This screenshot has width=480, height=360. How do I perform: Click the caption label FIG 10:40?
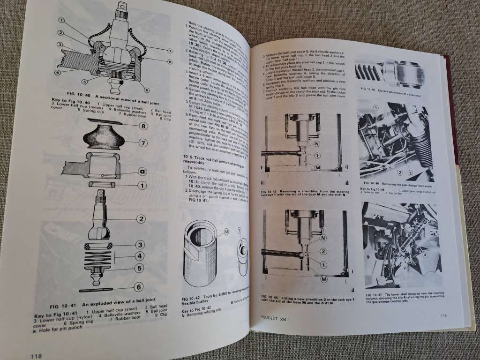click(75, 97)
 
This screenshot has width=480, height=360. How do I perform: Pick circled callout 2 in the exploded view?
click(140, 218)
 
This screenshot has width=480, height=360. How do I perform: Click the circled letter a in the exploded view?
click(141, 172)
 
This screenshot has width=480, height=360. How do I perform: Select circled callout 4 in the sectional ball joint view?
click(57, 73)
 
